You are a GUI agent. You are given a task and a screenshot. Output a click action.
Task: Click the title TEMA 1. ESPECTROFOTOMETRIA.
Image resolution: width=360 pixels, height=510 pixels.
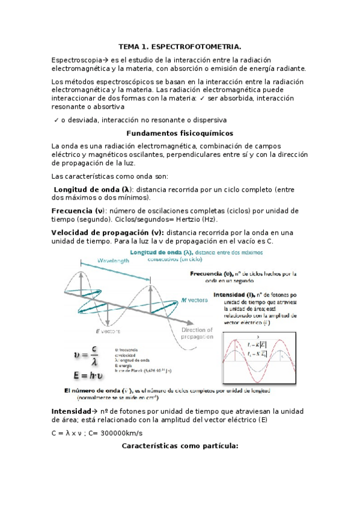[x=180, y=46]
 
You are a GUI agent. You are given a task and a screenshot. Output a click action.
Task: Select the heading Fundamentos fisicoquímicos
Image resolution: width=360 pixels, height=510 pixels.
[x=180, y=133]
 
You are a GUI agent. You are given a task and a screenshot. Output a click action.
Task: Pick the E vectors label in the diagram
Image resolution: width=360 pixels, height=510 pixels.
[x=108, y=331]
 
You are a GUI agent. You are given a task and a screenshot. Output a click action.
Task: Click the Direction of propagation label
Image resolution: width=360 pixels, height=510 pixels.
[x=197, y=334]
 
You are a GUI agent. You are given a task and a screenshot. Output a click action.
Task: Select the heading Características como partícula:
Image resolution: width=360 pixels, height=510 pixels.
[x=180, y=446]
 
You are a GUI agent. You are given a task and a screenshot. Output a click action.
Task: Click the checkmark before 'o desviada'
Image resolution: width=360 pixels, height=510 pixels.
[x=56, y=120]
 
